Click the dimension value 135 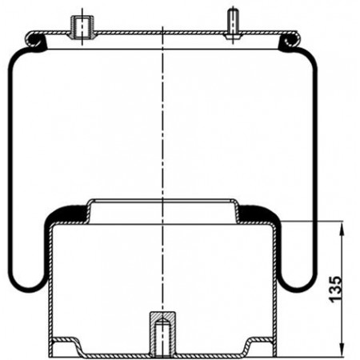335,289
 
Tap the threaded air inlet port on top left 82,28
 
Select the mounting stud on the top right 232,25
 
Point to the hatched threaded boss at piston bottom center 162,334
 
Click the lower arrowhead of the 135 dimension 342,350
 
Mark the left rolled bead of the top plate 34,40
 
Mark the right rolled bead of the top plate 290,40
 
